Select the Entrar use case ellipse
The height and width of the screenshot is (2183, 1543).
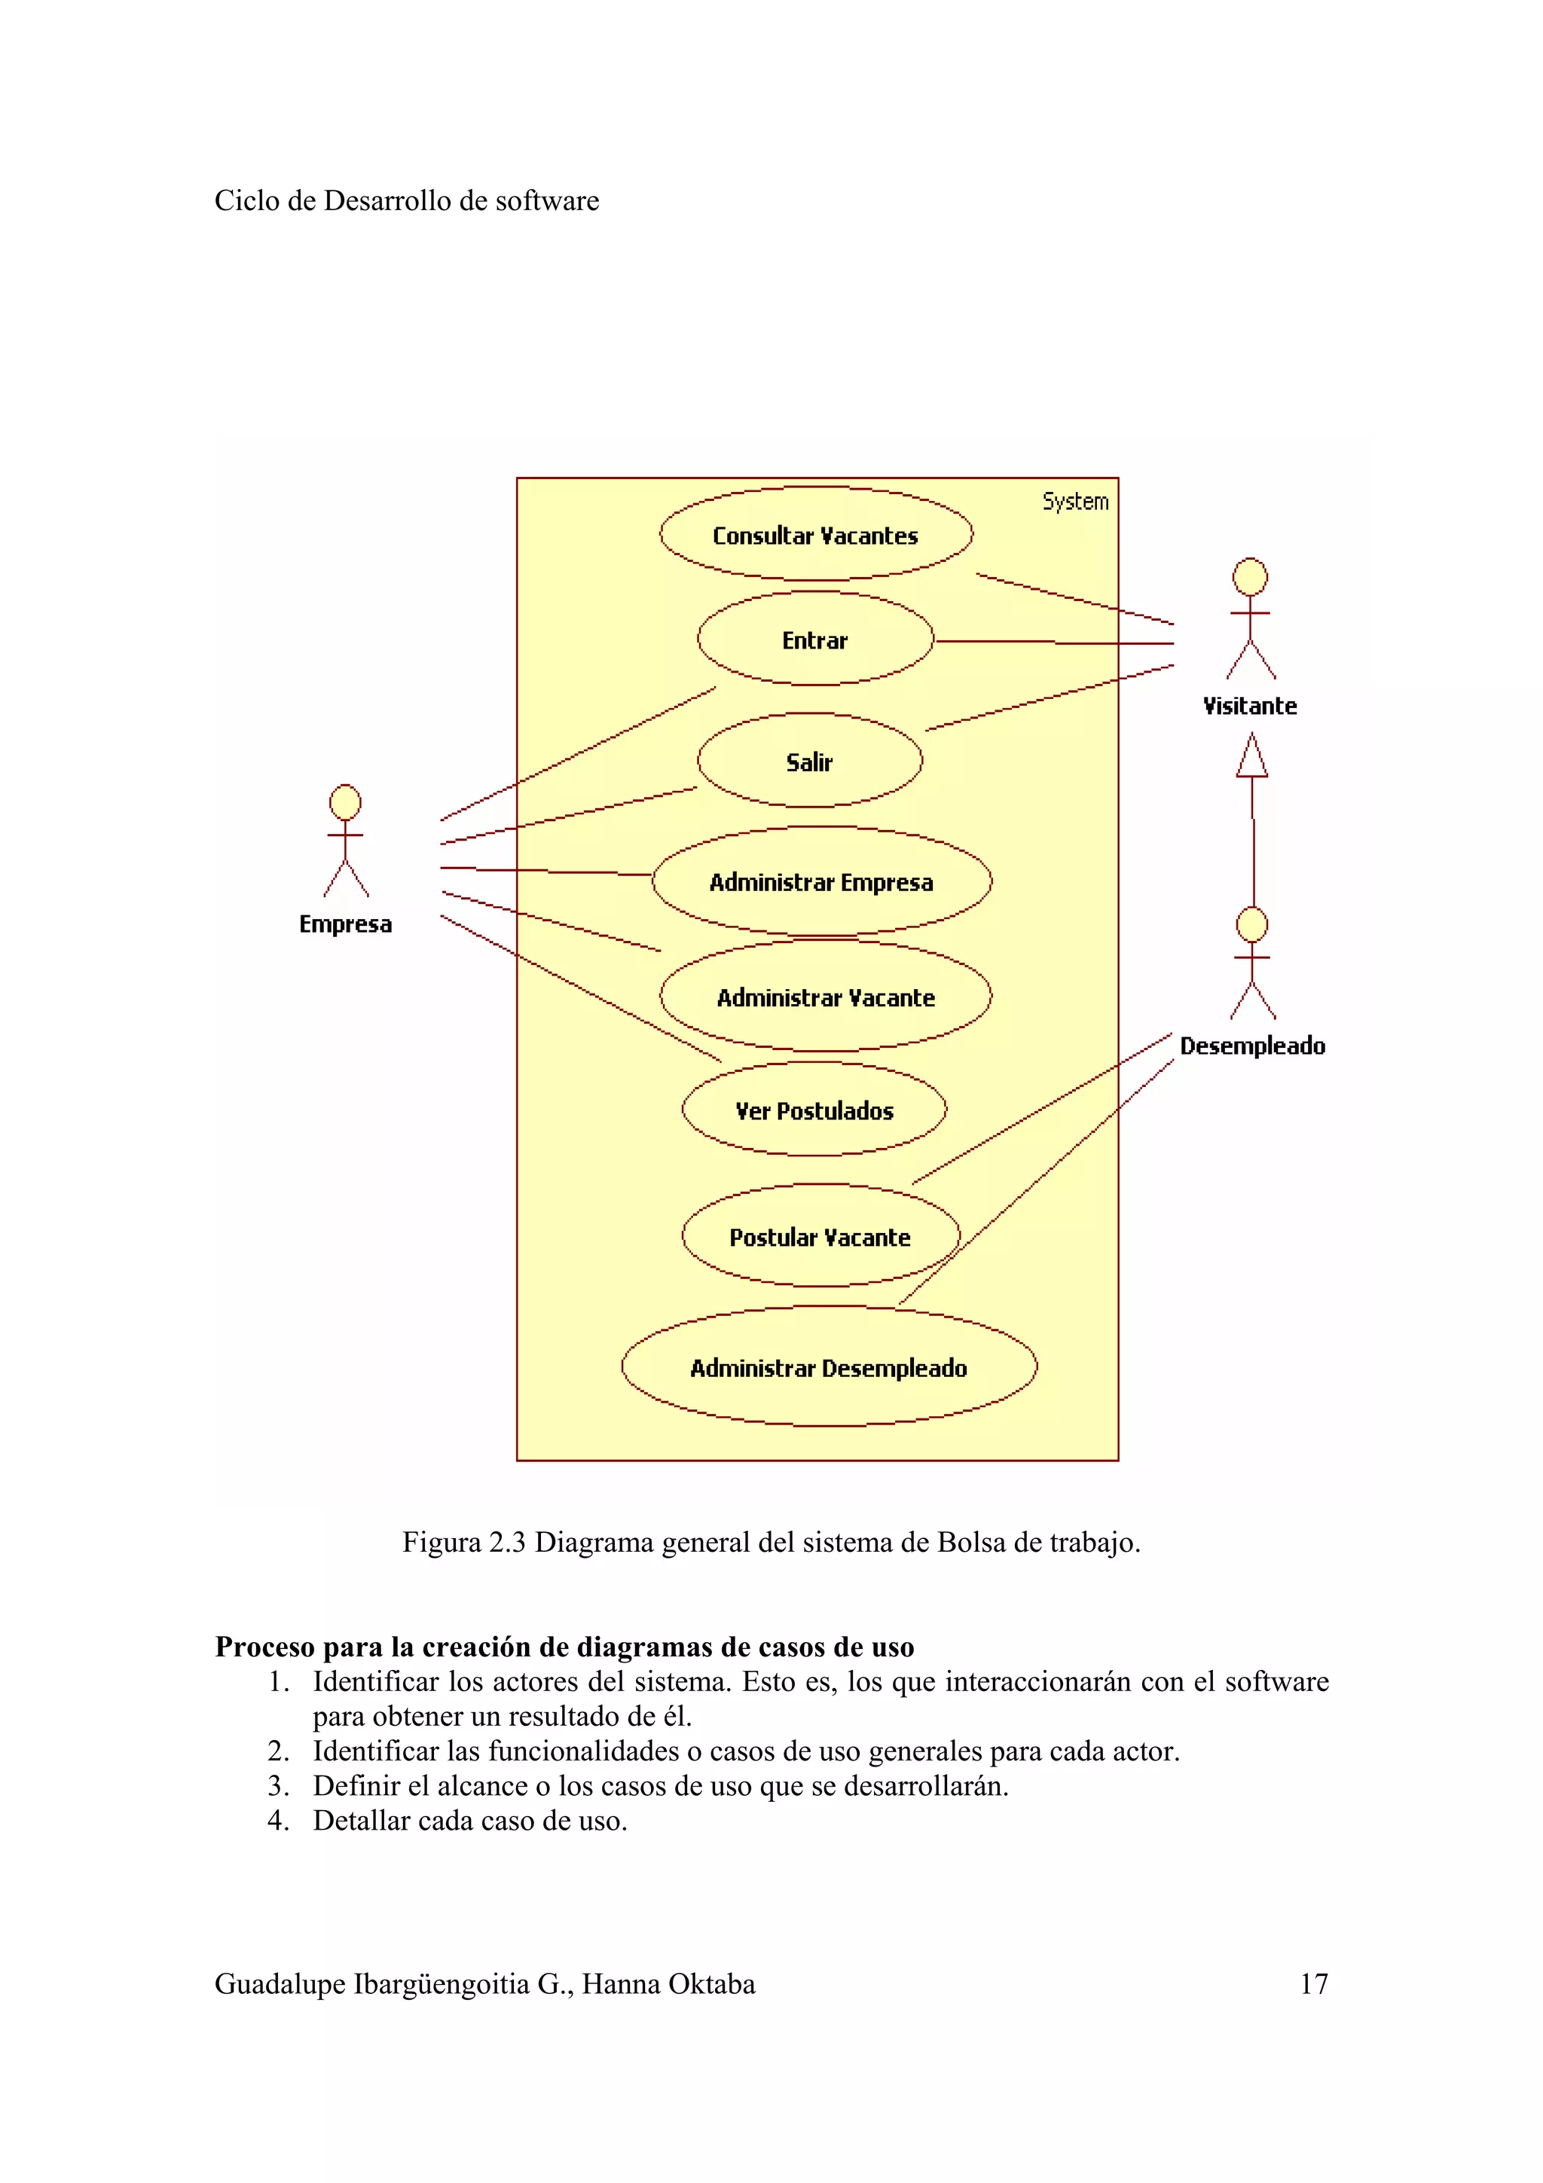(x=814, y=639)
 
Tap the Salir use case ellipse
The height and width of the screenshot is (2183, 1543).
(x=809, y=761)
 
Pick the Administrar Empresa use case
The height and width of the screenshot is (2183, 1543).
(x=821, y=881)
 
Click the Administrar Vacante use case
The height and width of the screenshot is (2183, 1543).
(x=825, y=997)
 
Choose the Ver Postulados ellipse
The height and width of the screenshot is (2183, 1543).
(x=814, y=1110)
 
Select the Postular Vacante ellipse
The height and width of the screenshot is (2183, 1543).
(x=820, y=1236)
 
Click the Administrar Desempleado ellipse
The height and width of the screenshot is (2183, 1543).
(x=828, y=1367)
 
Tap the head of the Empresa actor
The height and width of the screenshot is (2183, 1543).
(x=345, y=801)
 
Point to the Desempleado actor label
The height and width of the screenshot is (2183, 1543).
(x=1252, y=1046)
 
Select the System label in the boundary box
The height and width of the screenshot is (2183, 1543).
(x=1075, y=501)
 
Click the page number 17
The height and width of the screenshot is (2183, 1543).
(x=1313, y=1983)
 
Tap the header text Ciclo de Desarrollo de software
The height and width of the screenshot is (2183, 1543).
(x=406, y=200)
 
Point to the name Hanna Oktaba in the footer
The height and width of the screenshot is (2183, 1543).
(x=668, y=1983)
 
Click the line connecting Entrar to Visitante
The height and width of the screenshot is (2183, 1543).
(x=1056, y=643)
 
